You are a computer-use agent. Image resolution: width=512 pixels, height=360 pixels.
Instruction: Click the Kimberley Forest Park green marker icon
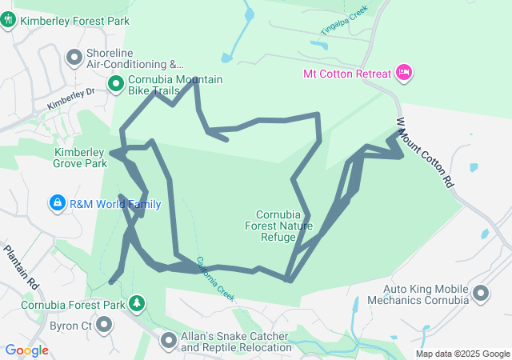pos(8,18)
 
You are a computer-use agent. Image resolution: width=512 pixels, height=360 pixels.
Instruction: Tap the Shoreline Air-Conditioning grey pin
pos(74,58)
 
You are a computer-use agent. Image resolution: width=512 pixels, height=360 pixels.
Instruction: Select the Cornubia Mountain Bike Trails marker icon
pos(115,82)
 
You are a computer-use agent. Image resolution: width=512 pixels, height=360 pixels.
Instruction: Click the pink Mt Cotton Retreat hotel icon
pos(404,74)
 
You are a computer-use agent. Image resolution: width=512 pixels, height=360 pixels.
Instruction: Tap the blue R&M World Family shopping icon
pos(57,204)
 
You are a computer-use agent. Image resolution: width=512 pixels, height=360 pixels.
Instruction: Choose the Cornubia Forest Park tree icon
pos(138,304)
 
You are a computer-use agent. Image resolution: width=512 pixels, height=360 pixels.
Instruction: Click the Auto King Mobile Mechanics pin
pos(482,294)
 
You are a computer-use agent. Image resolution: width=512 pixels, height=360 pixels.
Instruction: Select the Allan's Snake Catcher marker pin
pos(169,342)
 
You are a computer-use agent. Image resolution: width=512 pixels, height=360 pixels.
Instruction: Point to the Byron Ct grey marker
pos(103,324)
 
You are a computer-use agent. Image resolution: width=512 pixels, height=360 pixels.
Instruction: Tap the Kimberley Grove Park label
pos(80,158)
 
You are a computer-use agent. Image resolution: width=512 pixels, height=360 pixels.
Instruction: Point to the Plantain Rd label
pos(21,267)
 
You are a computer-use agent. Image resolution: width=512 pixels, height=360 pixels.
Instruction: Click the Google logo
pos(26,350)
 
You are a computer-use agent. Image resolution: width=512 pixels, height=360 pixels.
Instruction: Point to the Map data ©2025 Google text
pos(462,354)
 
